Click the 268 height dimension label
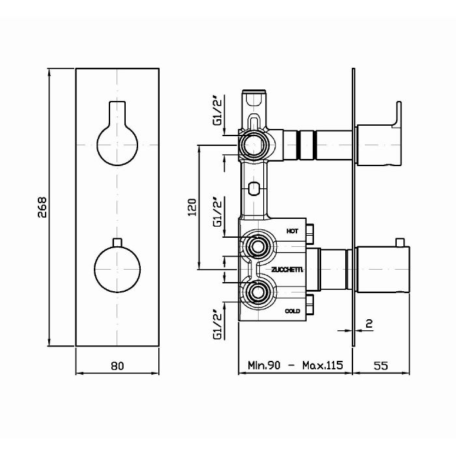[42, 207]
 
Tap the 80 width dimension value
[117, 366]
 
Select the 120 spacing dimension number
[192, 207]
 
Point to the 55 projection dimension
[380, 365]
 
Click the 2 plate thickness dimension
[369, 323]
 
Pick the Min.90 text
[264, 365]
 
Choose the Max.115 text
[322, 365]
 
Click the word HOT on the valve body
[292, 231]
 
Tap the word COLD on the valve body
[292, 311]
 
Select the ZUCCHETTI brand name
[287, 270]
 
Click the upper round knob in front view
[117, 145]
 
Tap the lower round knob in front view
[117, 270]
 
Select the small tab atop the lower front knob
[117, 243]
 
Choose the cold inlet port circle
[258, 292]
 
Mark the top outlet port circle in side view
[253, 145]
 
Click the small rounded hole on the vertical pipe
[254, 189]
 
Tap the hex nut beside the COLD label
[310, 304]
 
